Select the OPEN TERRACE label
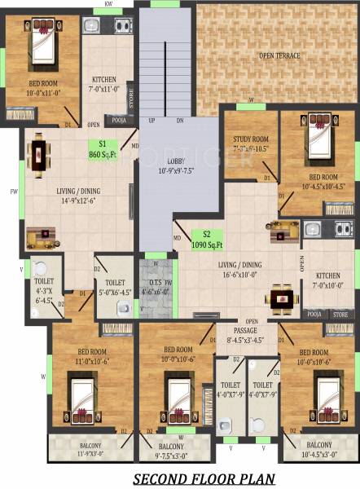point(279,55)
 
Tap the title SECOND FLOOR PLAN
point(203,478)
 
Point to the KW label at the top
point(108,5)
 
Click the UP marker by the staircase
point(151,121)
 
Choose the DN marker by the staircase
point(179,121)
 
